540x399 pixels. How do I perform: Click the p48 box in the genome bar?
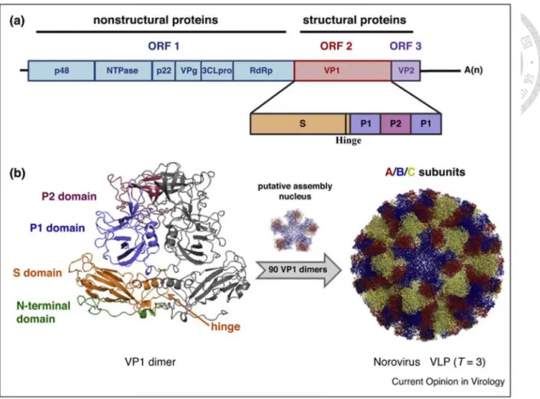(x=61, y=71)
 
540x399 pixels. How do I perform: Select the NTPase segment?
(x=123, y=71)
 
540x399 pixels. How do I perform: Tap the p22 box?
(x=164, y=71)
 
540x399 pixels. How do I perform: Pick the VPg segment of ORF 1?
(x=188, y=71)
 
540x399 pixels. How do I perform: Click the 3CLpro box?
(x=217, y=71)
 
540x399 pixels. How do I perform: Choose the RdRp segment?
(x=263, y=71)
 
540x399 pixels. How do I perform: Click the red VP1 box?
(x=342, y=71)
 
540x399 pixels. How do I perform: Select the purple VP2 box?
(x=406, y=71)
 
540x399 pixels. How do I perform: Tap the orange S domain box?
(x=298, y=124)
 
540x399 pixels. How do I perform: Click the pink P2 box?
(x=395, y=124)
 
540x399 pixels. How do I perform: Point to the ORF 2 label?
(x=336, y=46)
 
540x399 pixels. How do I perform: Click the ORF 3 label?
(x=405, y=46)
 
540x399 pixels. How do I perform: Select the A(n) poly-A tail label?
(x=474, y=71)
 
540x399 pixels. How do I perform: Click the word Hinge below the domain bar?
(x=348, y=141)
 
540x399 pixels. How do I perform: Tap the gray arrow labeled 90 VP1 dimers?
(x=299, y=269)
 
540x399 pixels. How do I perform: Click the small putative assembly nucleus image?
(x=295, y=230)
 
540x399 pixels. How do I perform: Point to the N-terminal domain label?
(x=43, y=312)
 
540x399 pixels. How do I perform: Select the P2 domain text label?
(x=69, y=197)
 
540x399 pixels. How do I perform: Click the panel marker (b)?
(x=17, y=173)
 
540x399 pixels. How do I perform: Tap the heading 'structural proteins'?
(x=354, y=20)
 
